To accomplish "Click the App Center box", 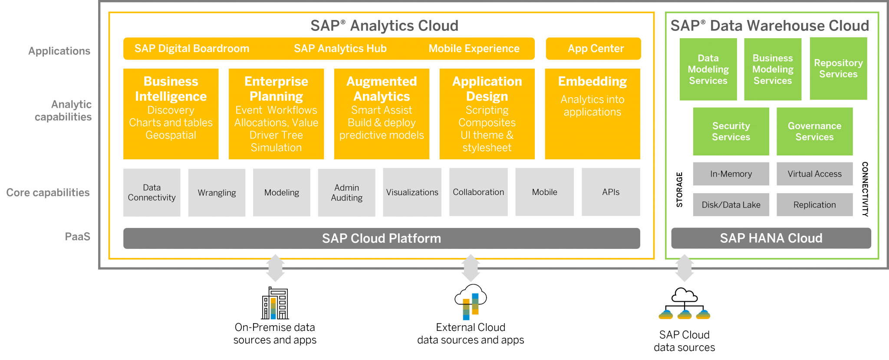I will click(593, 49).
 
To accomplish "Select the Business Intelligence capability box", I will click(171, 114).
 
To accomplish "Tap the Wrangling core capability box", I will click(217, 192).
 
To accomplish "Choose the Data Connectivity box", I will click(151, 192).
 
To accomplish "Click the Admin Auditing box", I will click(346, 192).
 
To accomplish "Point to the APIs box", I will click(610, 192).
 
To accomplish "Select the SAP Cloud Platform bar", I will click(381, 238).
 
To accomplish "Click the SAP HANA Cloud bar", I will click(771, 238).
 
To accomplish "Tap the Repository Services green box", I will click(838, 69).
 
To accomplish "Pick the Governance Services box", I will click(814, 131).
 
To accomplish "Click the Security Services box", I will click(731, 131).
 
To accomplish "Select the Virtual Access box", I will click(814, 174).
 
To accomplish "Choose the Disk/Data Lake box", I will click(731, 205).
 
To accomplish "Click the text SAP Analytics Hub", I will click(340, 49).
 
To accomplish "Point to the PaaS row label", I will click(77, 237).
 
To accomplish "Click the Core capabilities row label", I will click(48, 192).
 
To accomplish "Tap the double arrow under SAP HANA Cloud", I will click(684, 268).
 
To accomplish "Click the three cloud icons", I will click(684, 314).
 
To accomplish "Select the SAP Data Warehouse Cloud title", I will click(770, 26).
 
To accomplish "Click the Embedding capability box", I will click(592, 114).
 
